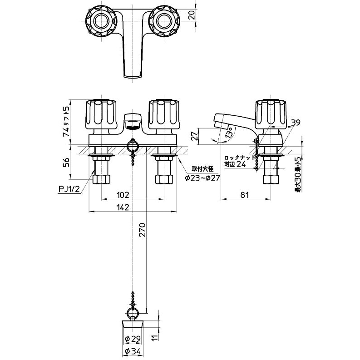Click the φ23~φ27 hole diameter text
tap(202, 178)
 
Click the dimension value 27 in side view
tap(194, 135)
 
